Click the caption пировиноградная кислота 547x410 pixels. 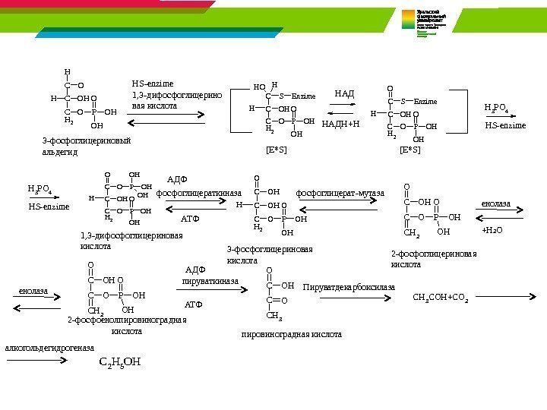pyautogui.click(x=291, y=334)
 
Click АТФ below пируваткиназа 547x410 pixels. pyautogui.click(x=194, y=304)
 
